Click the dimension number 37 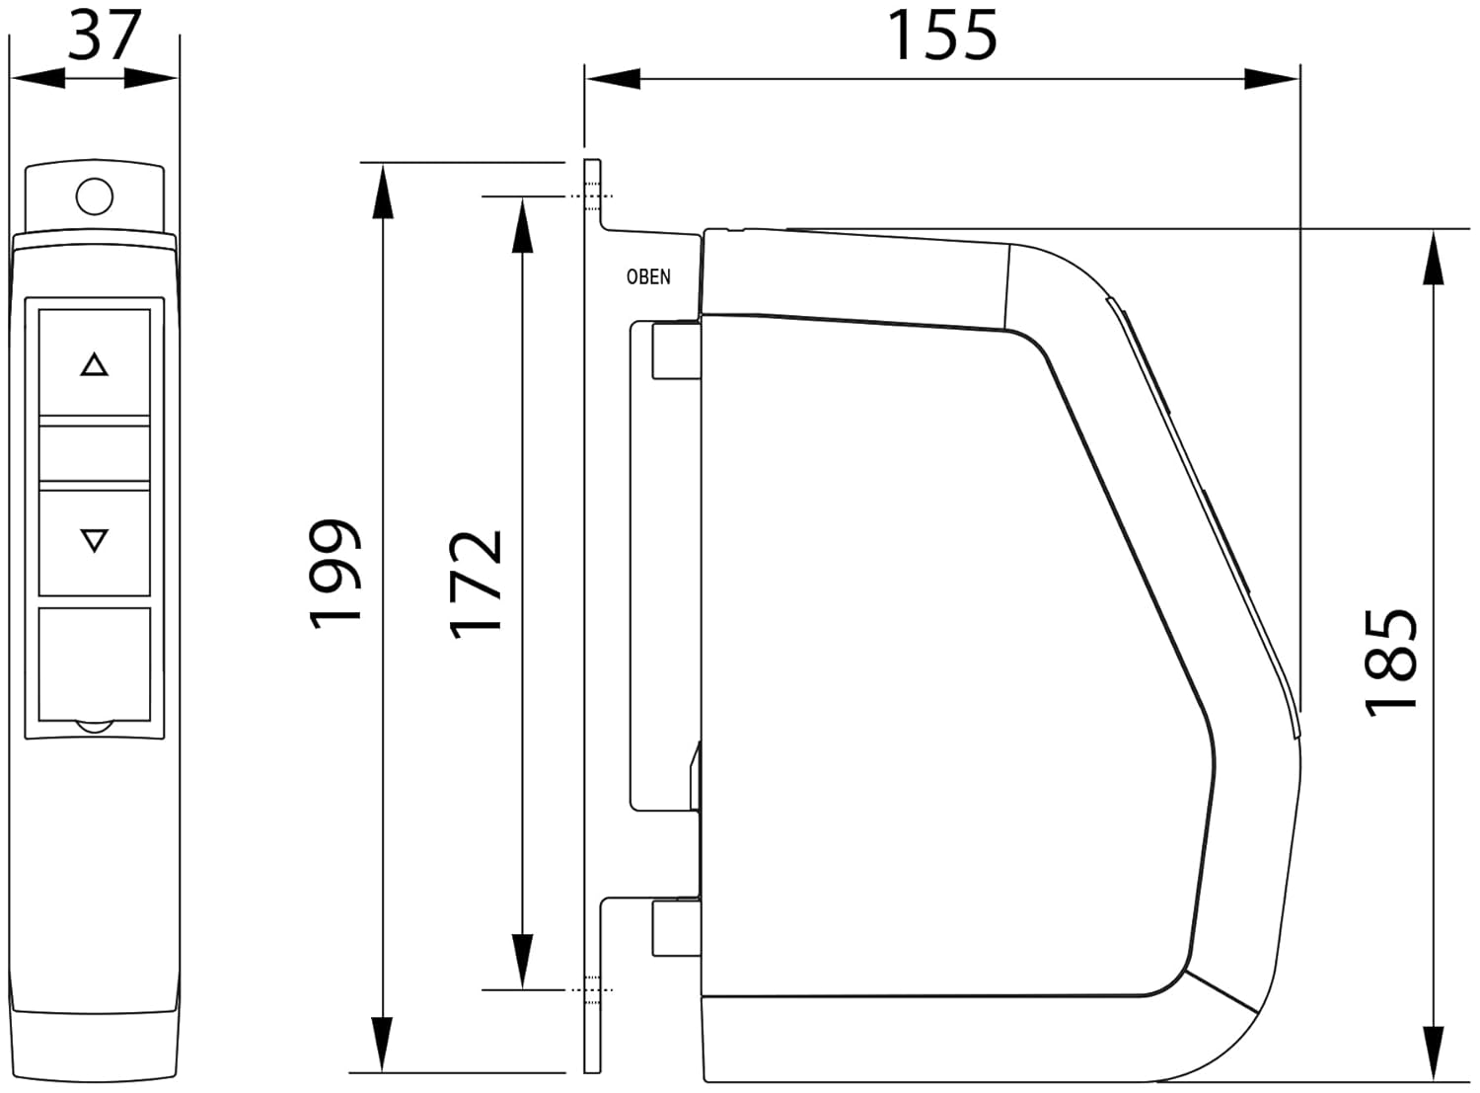pyautogui.click(x=105, y=35)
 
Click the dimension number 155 pyautogui.click(x=942, y=35)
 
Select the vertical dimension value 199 pyautogui.click(x=334, y=574)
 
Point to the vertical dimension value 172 pyautogui.click(x=476, y=585)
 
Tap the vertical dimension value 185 pyautogui.click(x=1391, y=663)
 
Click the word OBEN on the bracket pyautogui.click(x=648, y=276)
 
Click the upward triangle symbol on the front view pyautogui.click(x=94, y=364)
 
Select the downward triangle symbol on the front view pyautogui.click(x=94, y=540)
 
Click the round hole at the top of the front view pyautogui.click(x=95, y=196)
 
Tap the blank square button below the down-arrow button pyautogui.click(x=95, y=664)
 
